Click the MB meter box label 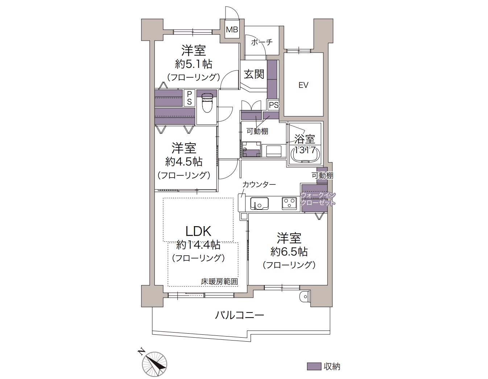tap(232, 30)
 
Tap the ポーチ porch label tap(262, 42)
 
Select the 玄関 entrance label tap(254, 74)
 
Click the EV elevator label tap(303, 85)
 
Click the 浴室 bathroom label tap(305, 139)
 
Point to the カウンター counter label tap(259, 185)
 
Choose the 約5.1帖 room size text tap(194, 64)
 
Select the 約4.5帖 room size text tap(184, 161)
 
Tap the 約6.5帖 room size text tap(289, 251)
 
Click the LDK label tap(198, 231)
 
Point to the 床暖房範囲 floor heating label tap(219, 281)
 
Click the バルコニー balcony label tap(239, 315)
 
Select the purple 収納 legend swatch tap(314, 366)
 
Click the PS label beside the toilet tap(189, 98)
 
